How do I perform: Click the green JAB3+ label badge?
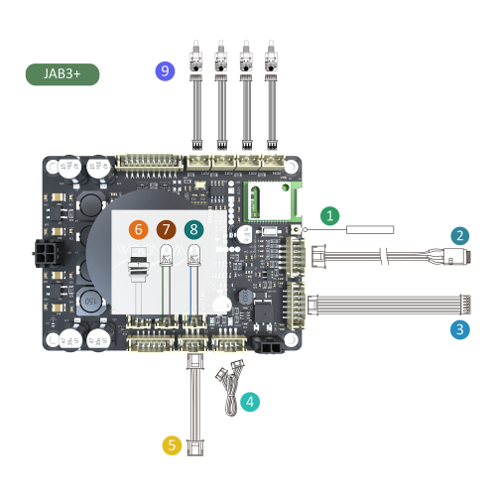pyautogui.click(x=62, y=74)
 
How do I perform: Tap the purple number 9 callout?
pyautogui.click(x=165, y=71)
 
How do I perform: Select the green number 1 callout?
pyautogui.click(x=330, y=215)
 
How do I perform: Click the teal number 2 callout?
pyautogui.click(x=459, y=236)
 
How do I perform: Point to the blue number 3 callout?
pyautogui.click(x=459, y=329)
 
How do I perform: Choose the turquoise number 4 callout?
pyautogui.click(x=251, y=402)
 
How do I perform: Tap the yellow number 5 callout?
pyautogui.click(x=172, y=445)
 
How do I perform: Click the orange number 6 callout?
pyautogui.click(x=139, y=230)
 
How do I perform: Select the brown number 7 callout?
pyautogui.click(x=166, y=230)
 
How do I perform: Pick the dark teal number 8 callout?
pyautogui.click(x=192, y=230)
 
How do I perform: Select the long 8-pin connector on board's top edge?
pyautogui.click(x=151, y=161)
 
